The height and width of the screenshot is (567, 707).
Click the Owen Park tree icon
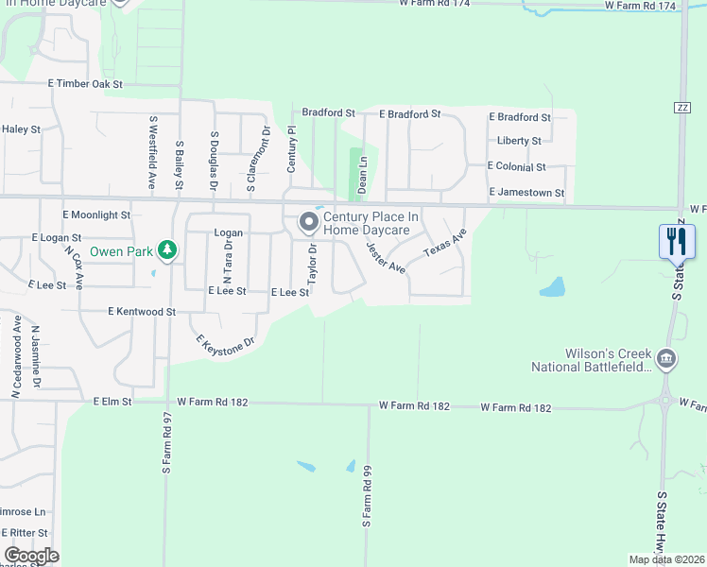(167, 250)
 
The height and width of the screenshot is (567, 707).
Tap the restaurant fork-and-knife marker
(677, 241)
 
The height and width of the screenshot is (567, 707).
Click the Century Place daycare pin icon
(309, 223)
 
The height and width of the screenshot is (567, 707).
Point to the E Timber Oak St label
(87, 84)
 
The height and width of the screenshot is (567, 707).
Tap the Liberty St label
(519, 141)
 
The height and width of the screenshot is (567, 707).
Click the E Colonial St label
(516, 166)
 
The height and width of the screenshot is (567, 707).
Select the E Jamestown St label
(526, 193)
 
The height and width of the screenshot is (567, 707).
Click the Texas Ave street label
(444, 243)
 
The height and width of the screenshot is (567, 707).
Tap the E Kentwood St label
(142, 311)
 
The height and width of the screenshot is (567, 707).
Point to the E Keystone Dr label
(225, 345)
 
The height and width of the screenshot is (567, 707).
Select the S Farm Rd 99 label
(368, 495)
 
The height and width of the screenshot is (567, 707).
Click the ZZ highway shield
(681, 107)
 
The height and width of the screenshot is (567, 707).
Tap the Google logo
(31, 556)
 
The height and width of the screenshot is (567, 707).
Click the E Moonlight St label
(96, 215)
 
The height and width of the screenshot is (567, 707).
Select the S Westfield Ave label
(151, 153)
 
